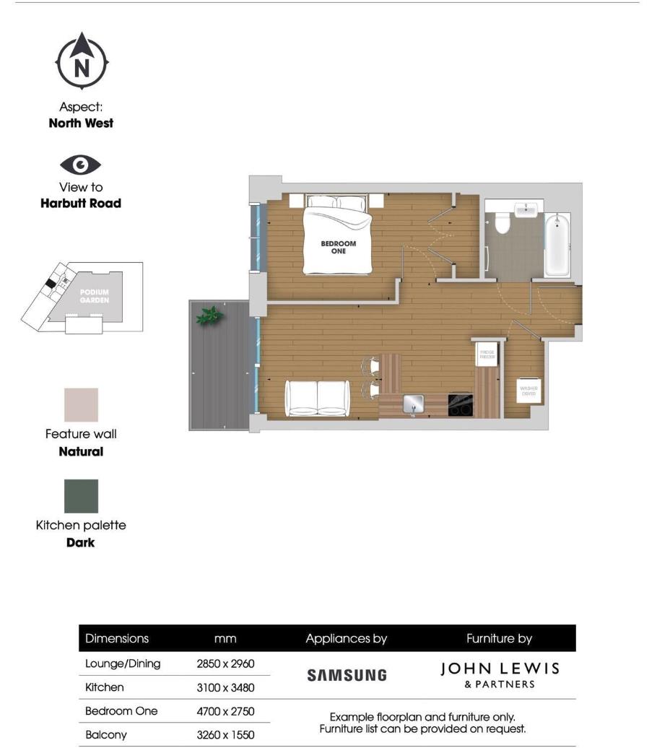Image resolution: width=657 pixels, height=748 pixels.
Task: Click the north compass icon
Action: (x=82, y=64)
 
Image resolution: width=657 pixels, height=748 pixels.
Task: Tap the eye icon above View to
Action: (x=81, y=165)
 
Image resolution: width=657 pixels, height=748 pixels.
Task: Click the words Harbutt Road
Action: (x=81, y=204)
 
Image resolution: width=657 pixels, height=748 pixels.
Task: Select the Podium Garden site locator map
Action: (x=82, y=297)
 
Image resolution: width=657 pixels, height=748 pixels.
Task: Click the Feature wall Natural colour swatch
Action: (x=81, y=405)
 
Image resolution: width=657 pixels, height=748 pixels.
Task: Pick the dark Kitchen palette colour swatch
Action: (x=81, y=496)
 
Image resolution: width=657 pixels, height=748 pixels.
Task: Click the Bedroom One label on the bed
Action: (x=339, y=247)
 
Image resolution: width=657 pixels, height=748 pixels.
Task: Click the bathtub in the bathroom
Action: (x=557, y=246)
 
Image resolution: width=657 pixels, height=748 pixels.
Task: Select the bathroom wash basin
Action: (x=526, y=210)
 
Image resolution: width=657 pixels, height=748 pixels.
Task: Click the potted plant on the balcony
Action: (x=209, y=316)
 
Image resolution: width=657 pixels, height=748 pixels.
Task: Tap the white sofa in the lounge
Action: (x=318, y=398)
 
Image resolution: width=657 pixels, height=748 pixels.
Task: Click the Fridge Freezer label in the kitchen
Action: (x=487, y=355)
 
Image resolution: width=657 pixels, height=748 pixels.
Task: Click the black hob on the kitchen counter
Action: (x=460, y=404)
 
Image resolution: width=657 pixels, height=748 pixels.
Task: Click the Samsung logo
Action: (x=347, y=675)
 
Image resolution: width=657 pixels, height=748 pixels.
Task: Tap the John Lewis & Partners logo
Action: (x=500, y=674)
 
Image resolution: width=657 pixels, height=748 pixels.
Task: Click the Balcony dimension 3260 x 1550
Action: (x=225, y=734)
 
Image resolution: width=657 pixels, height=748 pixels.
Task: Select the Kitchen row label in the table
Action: (x=105, y=687)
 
